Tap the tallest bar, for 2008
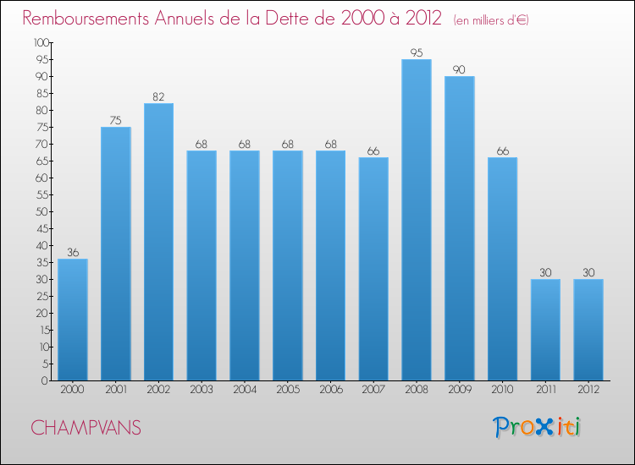pos(417,220)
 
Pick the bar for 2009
pos(460,228)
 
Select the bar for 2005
pos(288,265)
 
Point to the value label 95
pos(417,53)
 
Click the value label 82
pos(158,97)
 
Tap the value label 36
pos(73,253)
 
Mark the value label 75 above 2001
pos(116,121)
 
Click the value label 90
pos(460,70)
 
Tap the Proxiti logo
pos(538,427)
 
